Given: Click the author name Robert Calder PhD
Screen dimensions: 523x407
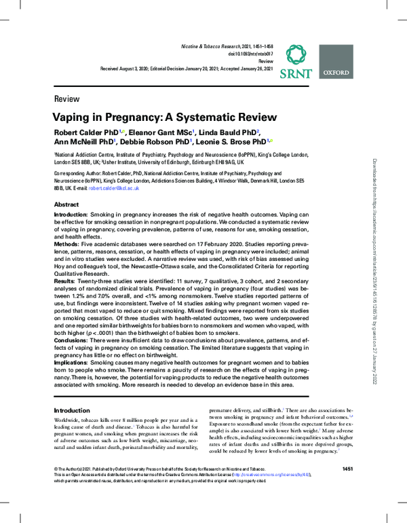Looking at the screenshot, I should [x=85, y=132].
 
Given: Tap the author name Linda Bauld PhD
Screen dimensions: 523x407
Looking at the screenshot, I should [x=227, y=132].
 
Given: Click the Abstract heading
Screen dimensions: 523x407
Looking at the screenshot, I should [x=66, y=204].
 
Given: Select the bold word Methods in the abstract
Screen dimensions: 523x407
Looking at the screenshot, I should [x=66, y=242].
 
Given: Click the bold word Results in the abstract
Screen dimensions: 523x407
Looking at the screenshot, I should [x=64, y=281].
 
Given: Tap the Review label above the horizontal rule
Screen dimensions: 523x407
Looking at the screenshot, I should [x=66, y=98].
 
